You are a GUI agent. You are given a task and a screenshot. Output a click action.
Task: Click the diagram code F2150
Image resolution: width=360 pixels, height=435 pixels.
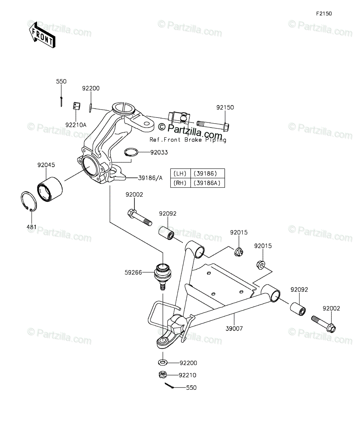click(x=324, y=14)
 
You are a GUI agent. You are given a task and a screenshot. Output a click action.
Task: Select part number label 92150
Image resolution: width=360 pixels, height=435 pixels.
click(x=225, y=107)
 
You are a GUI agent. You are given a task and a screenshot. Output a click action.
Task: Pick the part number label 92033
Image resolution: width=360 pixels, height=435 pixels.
click(x=160, y=153)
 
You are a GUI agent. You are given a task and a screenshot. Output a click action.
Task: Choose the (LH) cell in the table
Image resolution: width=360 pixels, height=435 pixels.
click(x=180, y=173)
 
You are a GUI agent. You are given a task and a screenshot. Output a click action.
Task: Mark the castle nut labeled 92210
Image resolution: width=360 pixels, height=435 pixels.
click(x=162, y=375)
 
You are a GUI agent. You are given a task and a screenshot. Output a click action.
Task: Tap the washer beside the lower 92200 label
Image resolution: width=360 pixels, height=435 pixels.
click(x=162, y=362)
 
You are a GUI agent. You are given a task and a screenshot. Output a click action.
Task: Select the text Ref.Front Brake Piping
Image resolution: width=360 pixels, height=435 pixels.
click(x=188, y=140)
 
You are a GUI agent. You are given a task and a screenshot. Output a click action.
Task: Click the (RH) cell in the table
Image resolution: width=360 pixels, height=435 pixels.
click(x=180, y=183)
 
